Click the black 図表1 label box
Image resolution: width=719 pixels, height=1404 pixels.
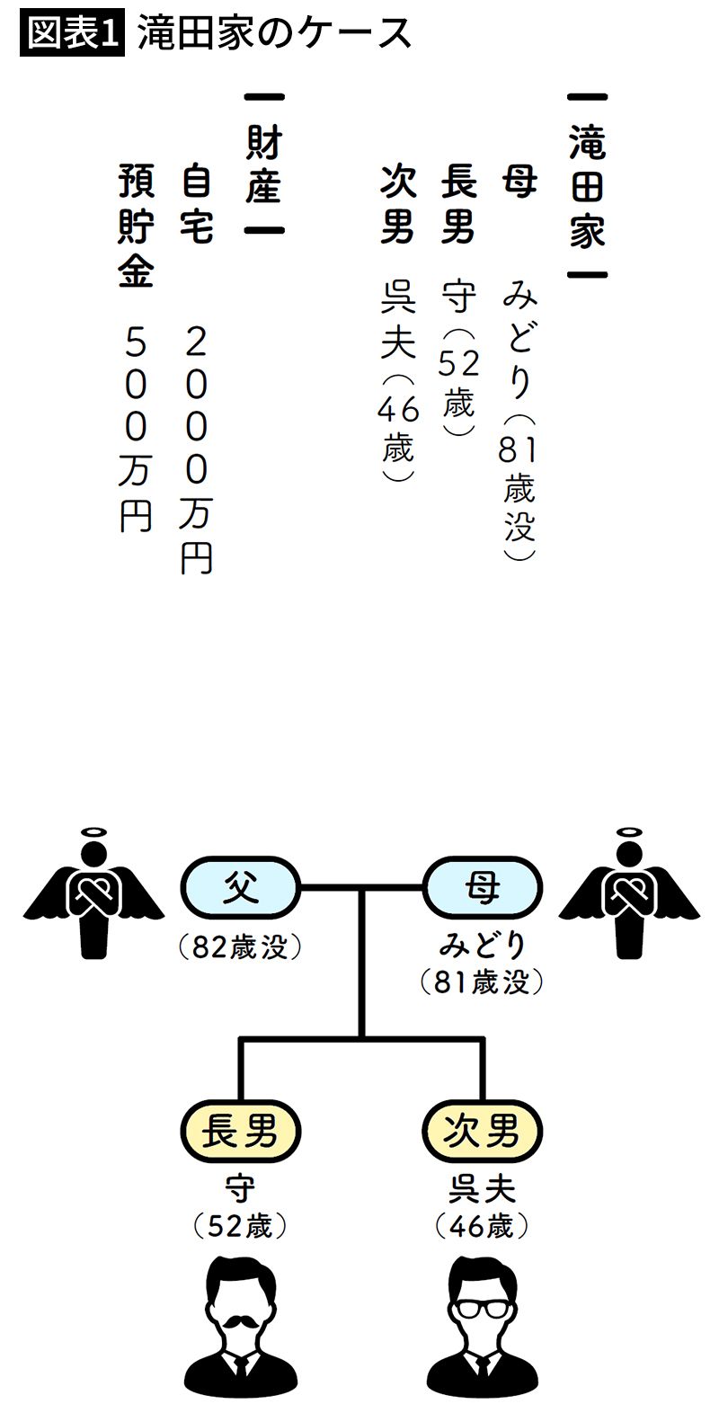point(71,32)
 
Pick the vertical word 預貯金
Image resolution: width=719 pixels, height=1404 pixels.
point(135,226)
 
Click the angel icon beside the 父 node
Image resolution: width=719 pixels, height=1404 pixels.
point(93,893)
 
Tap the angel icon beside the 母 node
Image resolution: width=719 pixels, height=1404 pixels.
point(629,893)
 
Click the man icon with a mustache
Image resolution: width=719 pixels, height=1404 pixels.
point(240,1329)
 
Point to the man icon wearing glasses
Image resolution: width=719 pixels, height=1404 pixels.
point(483,1329)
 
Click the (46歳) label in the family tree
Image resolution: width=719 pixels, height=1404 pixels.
point(483,1226)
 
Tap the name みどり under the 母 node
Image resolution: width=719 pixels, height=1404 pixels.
point(483,946)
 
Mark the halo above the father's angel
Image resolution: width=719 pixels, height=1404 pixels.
point(93,832)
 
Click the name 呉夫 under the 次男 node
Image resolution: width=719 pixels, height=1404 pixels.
point(483,1190)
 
